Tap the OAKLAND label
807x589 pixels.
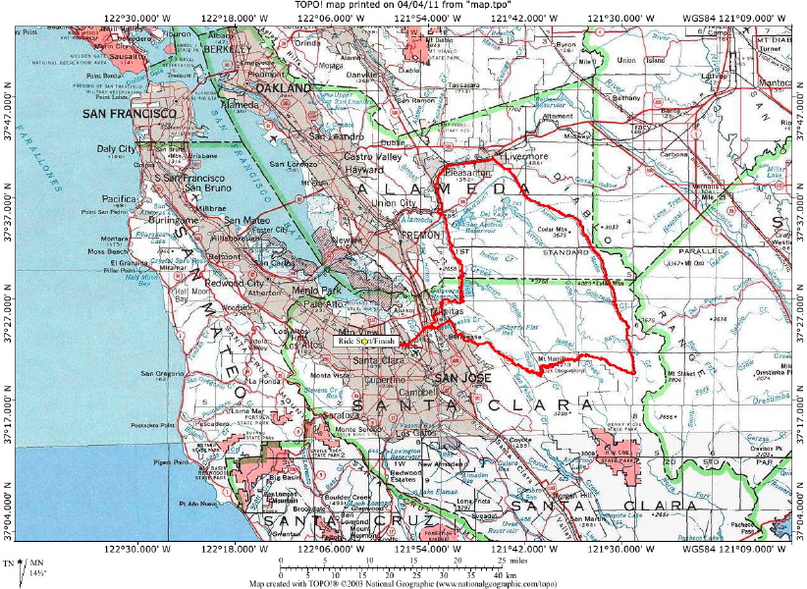pyautogui.click(x=284, y=88)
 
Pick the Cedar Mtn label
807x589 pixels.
pyautogui.click(x=557, y=230)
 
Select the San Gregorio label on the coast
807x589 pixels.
pyautogui.click(x=160, y=374)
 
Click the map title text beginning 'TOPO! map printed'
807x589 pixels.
pyautogui.click(x=403, y=6)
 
